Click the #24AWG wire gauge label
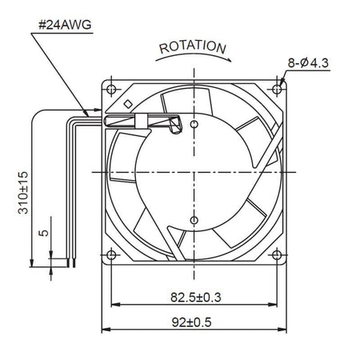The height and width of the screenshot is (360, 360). [65, 25]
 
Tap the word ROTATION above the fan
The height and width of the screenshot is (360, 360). [193, 47]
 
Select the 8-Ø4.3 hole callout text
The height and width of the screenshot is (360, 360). [308, 63]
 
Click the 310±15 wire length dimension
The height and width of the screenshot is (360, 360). [23, 193]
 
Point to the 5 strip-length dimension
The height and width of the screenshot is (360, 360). [44, 233]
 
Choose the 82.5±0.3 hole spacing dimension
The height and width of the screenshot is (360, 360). [196, 298]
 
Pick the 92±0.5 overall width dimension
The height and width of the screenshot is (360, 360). [191, 322]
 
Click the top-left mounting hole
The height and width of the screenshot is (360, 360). [111, 90]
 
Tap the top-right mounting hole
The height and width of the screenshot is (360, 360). [277, 89]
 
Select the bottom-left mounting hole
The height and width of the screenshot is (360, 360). [111, 255]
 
